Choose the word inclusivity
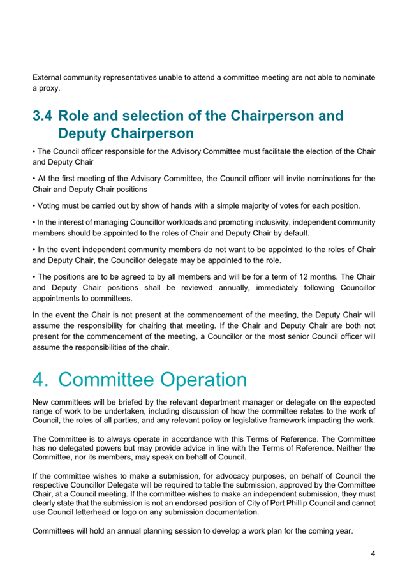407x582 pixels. pos(246,222)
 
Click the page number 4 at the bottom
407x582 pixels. pos(373,554)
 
